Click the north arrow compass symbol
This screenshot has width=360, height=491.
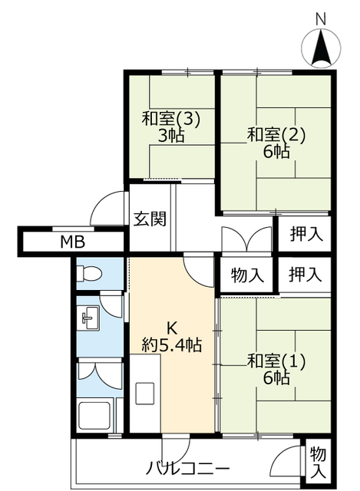tap(321, 48)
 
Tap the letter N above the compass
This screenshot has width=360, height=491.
tap(321, 19)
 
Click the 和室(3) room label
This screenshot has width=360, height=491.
tap(170, 120)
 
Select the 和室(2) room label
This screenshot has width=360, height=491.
tap(276, 136)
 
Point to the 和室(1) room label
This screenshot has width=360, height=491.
tap(276, 361)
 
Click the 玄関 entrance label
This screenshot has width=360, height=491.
tap(150, 219)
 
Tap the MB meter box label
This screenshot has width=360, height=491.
tap(73, 242)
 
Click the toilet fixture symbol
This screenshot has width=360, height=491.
tap(89, 273)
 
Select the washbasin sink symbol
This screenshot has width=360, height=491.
tap(89, 318)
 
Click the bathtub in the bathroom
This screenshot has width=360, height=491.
tap(94, 416)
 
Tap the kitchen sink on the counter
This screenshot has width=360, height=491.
tap(144, 394)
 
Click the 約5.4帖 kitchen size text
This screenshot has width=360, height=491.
tap(172, 344)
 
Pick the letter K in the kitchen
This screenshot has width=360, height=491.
tap(172, 328)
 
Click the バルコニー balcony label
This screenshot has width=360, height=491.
tap(188, 469)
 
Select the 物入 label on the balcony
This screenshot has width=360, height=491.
tap(318, 463)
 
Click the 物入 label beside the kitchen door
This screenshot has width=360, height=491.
tap(247, 275)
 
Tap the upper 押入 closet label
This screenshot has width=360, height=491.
tap(306, 234)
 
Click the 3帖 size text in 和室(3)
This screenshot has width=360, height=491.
tap(170, 136)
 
